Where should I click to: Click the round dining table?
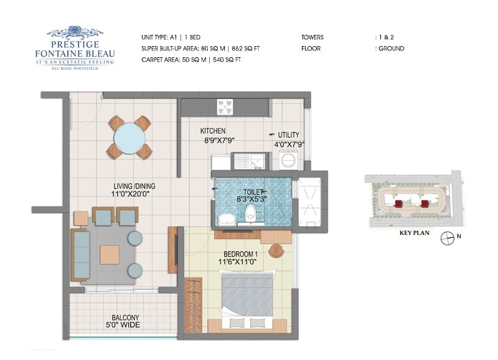point(129,137)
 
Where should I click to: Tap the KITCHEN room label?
point(213,131)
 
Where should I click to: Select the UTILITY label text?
point(288,135)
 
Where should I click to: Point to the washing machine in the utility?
point(289,161)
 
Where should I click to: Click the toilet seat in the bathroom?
point(250,212)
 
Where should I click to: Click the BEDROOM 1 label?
point(242,254)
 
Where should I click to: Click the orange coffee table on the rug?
point(110,254)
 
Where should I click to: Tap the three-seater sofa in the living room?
point(81,254)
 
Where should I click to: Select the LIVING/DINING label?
point(134,186)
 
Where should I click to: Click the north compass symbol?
point(446,237)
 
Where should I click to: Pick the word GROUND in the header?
point(392,49)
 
